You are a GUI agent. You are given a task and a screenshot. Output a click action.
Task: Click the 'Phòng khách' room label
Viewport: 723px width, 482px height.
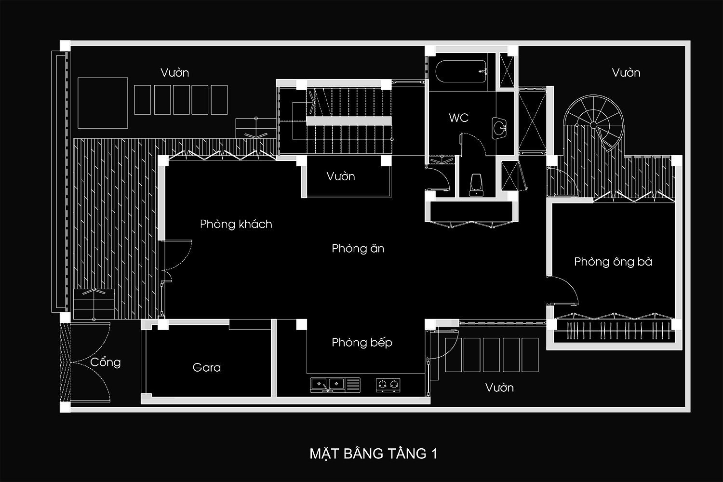[x=236, y=224]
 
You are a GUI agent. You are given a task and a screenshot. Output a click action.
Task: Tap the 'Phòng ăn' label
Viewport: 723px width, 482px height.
[x=358, y=248]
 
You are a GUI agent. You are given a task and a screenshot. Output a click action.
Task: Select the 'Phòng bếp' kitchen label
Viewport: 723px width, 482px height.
[x=362, y=342]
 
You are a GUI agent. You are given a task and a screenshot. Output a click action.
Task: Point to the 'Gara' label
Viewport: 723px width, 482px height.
[x=207, y=367]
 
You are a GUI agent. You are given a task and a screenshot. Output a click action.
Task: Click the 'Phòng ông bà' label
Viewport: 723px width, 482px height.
[x=613, y=262]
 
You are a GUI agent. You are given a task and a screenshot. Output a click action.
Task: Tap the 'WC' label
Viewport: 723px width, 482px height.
[x=459, y=118]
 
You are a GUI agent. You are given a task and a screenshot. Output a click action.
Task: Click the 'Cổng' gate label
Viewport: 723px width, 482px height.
[x=105, y=362]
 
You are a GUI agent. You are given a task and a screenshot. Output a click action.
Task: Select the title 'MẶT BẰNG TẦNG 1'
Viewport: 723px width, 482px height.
[x=374, y=454]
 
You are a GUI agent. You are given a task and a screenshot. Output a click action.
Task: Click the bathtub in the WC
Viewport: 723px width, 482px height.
[x=461, y=71]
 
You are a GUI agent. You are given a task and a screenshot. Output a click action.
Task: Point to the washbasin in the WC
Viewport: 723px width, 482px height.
[x=499, y=128]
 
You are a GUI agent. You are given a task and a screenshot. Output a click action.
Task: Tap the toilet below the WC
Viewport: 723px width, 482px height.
[x=476, y=185]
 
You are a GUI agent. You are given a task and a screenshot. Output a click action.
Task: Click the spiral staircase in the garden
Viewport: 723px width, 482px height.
[x=593, y=123]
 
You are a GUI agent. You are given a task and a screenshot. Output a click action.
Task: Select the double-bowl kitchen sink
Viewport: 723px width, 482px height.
[x=327, y=385]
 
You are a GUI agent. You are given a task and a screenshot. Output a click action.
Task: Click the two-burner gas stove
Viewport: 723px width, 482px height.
[x=388, y=385]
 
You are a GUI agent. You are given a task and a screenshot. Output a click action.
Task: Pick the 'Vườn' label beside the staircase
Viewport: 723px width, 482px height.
[x=340, y=176]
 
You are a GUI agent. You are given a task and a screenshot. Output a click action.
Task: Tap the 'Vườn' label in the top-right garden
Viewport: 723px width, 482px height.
[x=626, y=73]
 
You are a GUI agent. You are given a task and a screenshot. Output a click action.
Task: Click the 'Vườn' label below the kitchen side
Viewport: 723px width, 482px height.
[x=499, y=388]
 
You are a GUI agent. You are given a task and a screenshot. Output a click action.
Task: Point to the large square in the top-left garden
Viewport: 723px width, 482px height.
[x=103, y=103]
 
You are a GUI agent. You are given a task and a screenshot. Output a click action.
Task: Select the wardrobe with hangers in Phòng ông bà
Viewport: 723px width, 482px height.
[x=614, y=331]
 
